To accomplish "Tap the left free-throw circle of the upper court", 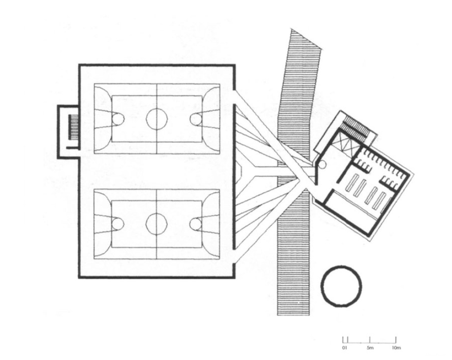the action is pos(124,119).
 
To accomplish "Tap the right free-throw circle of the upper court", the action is pos(190,119).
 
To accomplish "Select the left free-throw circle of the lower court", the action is pos(124,224).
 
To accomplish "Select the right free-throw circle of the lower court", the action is pos(190,224).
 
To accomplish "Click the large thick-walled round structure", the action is pos(321,286).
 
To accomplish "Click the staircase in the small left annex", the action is pos(73,127).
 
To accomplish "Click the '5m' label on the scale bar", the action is pos(370,348).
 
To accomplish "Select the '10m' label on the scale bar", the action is pos(396,348).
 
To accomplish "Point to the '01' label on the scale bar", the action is pos(344,348).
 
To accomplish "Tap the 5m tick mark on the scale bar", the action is pos(370,340).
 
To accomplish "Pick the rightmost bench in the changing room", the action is pos(380,201).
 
